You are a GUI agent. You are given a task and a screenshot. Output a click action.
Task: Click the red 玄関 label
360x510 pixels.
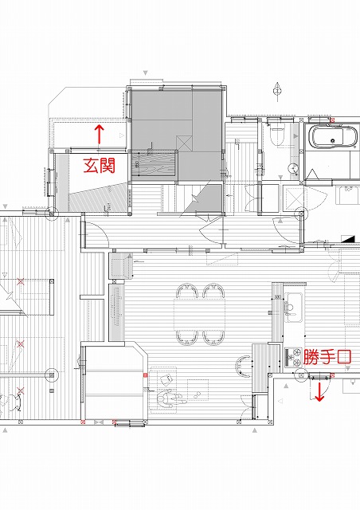coord(100,165)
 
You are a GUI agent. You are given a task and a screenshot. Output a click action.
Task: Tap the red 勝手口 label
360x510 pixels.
coord(327,357)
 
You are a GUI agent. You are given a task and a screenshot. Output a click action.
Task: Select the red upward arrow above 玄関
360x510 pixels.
coord(100,134)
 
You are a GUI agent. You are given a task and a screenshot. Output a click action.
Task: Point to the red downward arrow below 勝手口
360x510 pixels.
coord(319,391)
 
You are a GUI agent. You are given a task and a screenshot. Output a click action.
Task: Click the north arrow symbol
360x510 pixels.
coord(277,90)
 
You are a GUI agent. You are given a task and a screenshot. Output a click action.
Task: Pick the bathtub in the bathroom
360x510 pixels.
coord(334,136)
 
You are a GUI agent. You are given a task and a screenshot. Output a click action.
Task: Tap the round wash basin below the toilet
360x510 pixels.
coord(293,168)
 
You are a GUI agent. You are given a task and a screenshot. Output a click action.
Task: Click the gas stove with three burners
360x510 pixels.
coord(293,358)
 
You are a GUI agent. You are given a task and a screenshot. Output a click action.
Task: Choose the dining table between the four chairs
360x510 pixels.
coord(200,314)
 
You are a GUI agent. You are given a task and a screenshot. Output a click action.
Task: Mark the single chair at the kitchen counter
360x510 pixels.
coord(241,367)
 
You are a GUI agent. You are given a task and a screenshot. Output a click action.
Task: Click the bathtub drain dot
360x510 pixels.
coord(332,141)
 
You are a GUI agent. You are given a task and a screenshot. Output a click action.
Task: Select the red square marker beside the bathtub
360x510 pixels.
coord(332,120)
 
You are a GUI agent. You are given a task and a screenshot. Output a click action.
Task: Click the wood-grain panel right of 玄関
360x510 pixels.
coord(154,164)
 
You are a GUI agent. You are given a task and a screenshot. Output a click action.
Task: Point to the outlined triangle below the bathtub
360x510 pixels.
coord(313,175)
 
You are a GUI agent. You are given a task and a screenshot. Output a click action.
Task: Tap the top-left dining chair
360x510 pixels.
coord(187,290)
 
